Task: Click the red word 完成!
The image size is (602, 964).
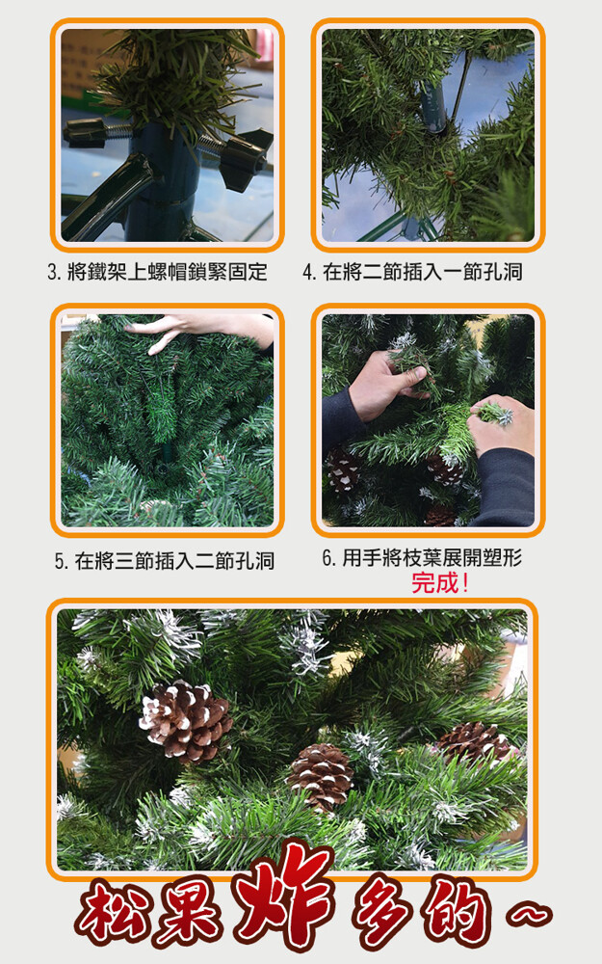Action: coord(440,582)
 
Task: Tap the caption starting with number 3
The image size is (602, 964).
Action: coord(157,271)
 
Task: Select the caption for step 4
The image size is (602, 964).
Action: coord(413,271)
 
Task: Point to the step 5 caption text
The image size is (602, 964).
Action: coord(165,561)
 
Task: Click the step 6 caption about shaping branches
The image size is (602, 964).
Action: coord(423,557)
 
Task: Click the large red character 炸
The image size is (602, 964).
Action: coord(282,896)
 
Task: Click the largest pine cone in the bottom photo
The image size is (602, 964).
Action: coord(186,720)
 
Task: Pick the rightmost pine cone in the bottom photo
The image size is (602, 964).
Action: coord(474,742)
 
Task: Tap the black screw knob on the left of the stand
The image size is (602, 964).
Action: coord(85,133)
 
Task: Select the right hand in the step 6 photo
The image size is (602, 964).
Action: coord(500,429)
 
